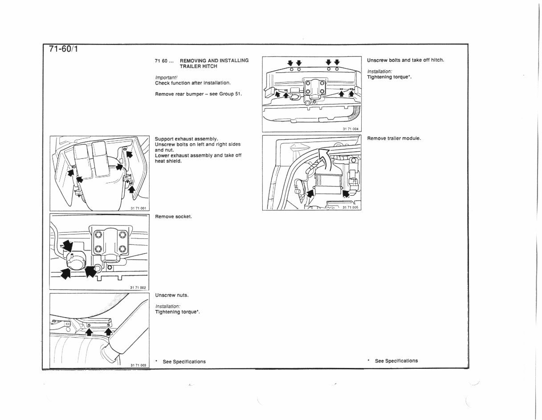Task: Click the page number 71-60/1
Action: tap(63, 49)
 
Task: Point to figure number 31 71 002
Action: tap(138, 287)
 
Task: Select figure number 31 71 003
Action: tap(138, 365)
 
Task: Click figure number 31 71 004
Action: tap(350, 129)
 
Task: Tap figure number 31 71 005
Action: tap(350, 207)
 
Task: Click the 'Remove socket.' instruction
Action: tap(173, 217)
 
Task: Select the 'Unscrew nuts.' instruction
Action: tap(171, 295)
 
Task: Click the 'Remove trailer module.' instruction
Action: tap(394, 138)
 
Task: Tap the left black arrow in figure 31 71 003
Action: tap(89, 332)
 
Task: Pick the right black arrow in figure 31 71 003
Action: tap(108, 331)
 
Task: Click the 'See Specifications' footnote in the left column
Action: tap(184, 362)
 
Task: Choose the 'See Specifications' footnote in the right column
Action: tap(396, 361)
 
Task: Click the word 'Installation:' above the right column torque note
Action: tap(379, 72)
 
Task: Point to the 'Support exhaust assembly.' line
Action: tap(186, 139)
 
